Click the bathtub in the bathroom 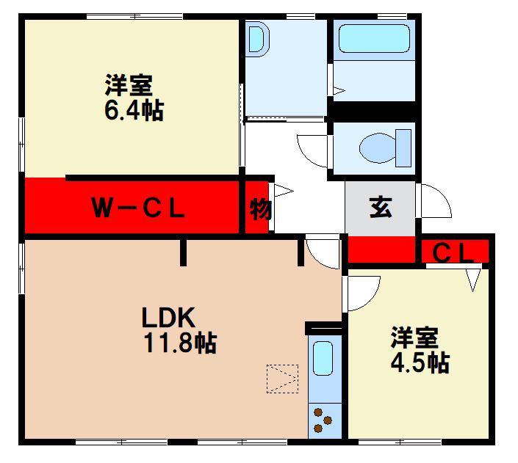point(374,38)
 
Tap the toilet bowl point(378,147)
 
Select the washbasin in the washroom point(259,39)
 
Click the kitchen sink point(323,358)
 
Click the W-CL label point(137,208)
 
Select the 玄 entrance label point(381,208)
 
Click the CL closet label point(453,253)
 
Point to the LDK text point(168,317)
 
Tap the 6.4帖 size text point(134,111)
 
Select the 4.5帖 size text point(420,362)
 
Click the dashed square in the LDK point(282,379)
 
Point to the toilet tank point(403,147)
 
